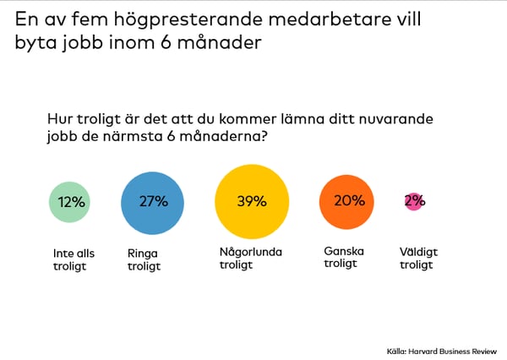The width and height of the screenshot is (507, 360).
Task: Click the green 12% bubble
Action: click(72, 202)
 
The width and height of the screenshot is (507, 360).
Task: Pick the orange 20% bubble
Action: click(346, 201)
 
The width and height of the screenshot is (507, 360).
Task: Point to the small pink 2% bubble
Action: click(414, 201)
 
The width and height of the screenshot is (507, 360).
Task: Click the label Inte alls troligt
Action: click(74, 258)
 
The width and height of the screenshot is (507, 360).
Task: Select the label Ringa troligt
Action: click(143, 258)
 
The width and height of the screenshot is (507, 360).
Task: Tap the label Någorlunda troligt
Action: click(250, 258)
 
